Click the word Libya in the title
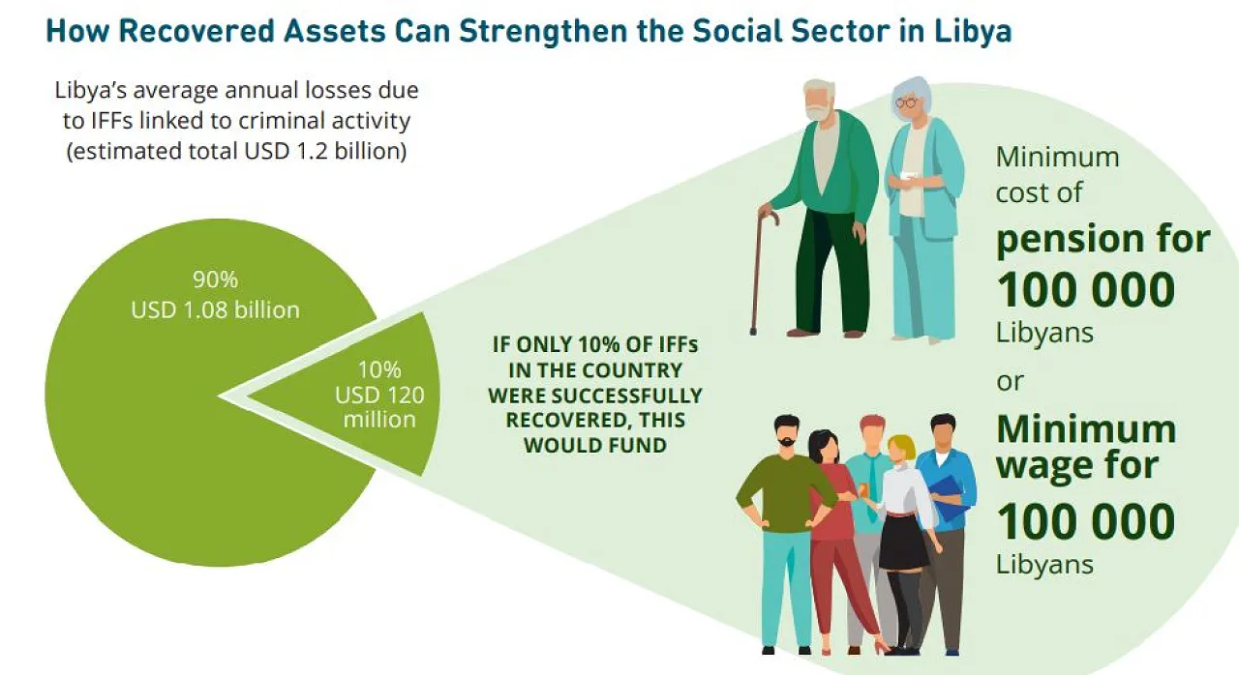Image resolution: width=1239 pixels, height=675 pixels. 973,32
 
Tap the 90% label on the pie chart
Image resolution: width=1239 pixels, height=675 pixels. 215,279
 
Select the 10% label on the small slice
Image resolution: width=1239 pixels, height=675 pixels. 379,369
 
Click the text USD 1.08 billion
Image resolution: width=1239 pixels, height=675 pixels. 215,309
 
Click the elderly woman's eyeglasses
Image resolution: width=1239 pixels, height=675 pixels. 907,103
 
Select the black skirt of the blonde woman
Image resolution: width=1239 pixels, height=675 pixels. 903,542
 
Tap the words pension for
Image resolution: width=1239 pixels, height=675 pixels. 1103,239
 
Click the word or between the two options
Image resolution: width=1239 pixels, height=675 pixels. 1010,381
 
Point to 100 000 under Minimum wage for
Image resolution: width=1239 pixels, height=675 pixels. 1085,521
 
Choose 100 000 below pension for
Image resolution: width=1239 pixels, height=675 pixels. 1085,289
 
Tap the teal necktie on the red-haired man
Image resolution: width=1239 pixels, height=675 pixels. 873,486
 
